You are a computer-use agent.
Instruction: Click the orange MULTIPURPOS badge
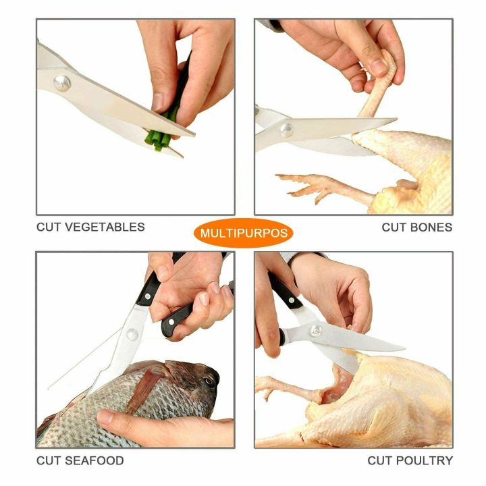point(244,234)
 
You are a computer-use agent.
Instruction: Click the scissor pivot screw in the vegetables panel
point(62,83)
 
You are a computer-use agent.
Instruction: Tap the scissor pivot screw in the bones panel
point(287,130)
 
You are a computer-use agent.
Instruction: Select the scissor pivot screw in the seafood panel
point(132,335)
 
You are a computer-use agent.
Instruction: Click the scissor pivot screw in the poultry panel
point(315,331)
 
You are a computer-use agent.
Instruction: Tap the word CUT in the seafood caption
point(49,460)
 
